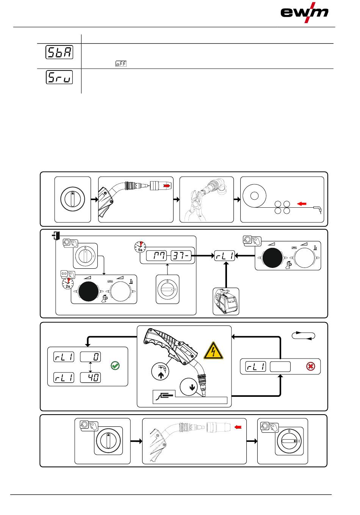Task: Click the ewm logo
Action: click(304, 13)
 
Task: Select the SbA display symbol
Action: click(59, 53)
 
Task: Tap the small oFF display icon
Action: click(121, 64)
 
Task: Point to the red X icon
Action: click(311, 367)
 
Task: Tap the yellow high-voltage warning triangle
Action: click(213, 350)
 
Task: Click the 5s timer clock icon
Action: click(139, 247)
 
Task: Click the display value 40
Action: click(91, 377)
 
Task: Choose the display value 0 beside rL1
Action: click(91, 357)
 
